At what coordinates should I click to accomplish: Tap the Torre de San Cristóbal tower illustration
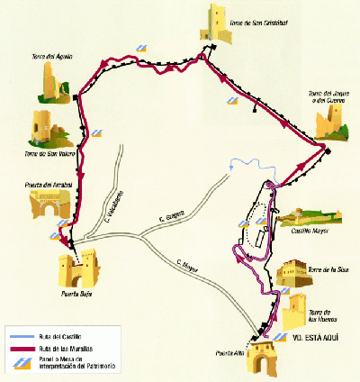[x=219, y=22]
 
